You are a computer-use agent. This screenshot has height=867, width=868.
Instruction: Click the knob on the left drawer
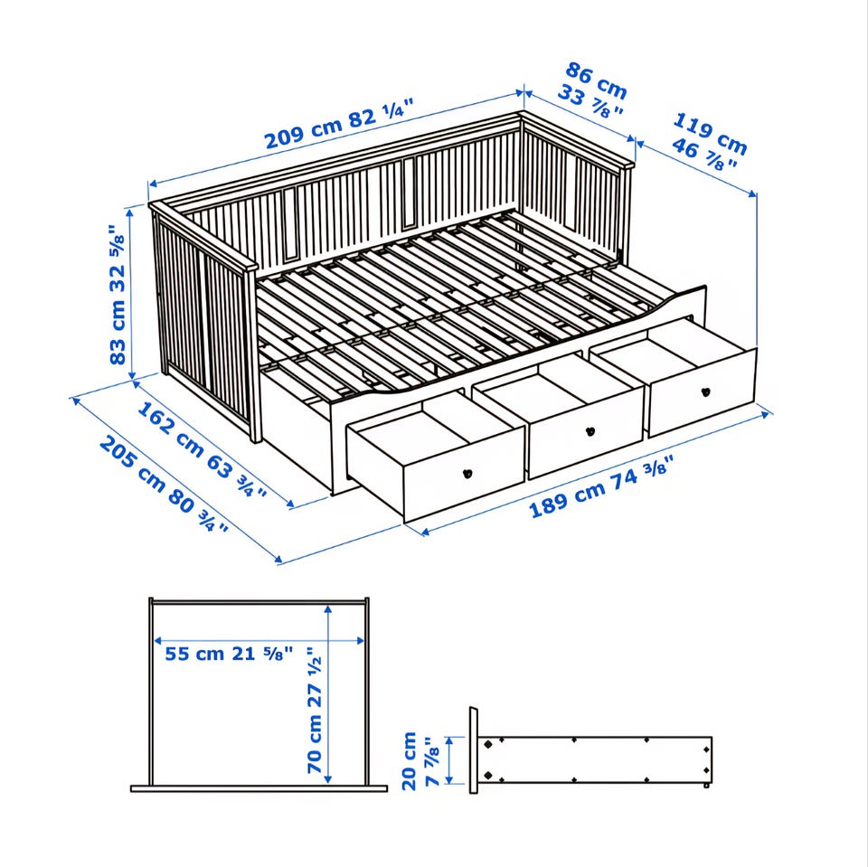(467, 474)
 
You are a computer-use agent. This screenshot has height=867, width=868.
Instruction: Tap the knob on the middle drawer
(590, 430)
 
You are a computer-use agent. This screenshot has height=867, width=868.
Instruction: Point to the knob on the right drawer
(706, 392)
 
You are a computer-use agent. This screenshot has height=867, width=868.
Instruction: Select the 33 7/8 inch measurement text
(590, 100)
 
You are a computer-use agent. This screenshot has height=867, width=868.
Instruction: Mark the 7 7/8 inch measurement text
(432, 760)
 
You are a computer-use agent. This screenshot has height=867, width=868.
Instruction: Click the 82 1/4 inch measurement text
(381, 114)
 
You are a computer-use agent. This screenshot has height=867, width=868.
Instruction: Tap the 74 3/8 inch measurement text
(642, 471)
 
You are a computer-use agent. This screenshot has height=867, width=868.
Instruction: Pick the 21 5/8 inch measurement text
(262, 654)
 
